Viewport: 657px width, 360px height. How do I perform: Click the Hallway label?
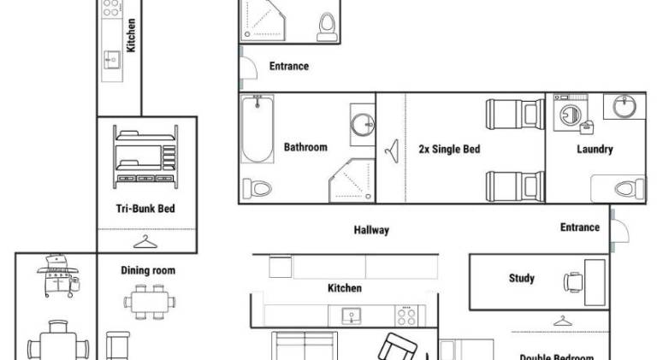tap(371, 230)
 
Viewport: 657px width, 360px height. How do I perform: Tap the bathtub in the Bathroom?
tap(257, 128)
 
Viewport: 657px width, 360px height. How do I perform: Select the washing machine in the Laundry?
tap(571, 113)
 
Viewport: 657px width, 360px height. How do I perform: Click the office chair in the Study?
tap(573, 282)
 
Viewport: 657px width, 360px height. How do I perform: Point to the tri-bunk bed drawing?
tap(145, 156)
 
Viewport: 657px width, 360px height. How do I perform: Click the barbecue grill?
tap(58, 275)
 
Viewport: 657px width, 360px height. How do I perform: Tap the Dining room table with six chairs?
tap(150, 302)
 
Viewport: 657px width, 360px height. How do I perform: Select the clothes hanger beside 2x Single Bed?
tap(392, 151)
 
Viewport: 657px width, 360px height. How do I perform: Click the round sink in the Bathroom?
tap(363, 124)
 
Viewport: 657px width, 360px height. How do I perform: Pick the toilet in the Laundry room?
tap(630, 189)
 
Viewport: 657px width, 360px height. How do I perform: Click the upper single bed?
tap(515, 114)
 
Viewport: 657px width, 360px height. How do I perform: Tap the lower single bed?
tap(515, 186)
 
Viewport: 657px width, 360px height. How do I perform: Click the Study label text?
tap(521, 279)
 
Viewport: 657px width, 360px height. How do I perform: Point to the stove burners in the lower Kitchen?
tap(406, 316)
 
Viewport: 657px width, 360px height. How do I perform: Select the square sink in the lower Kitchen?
tap(351, 316)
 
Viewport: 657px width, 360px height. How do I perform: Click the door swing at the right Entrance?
tap(620, 230)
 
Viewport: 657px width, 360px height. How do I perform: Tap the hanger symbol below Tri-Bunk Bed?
tap(145, 241)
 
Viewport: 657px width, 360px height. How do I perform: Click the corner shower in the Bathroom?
tap(352, 180)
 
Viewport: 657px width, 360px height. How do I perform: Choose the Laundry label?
tap(595, 149)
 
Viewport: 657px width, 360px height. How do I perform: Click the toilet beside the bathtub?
tap(257, 188)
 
